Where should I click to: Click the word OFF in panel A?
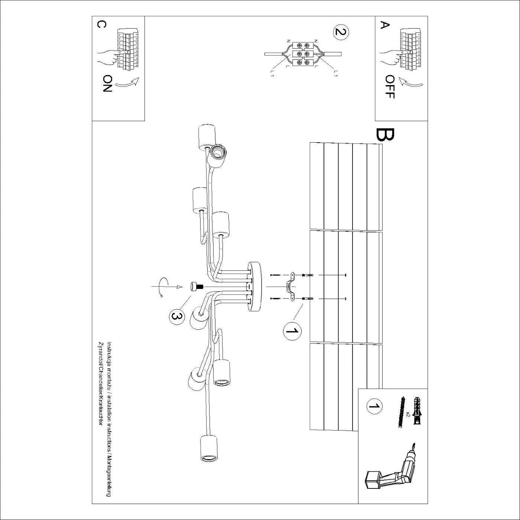click(x=390, y=87)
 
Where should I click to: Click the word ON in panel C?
click(x=107, y=84)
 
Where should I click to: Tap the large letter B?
click(x=385, y=135)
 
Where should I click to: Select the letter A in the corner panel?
click(x=385, y=25)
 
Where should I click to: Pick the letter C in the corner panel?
click(x=101, y=24)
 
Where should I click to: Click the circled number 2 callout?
click(x=341, y=32)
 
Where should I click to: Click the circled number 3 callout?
click(x=177, y=316)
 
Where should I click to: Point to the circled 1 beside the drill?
click(x=374, y=406)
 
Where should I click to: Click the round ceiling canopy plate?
click(x=255, y=286)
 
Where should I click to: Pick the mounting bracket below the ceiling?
click(x=290, y=286)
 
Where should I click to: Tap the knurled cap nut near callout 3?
click(x=195, y=287)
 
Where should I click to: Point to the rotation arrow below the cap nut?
click(x=161, y=287)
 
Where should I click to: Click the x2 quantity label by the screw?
click(x=408, y=414)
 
